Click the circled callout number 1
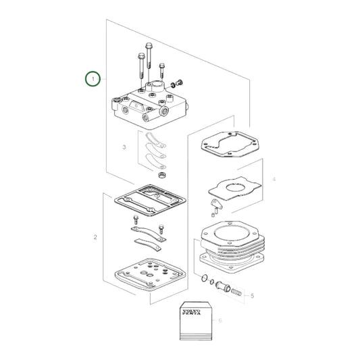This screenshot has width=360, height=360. pyautogui.click(x=94, y=78)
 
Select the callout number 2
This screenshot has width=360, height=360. pyautogui.click(x=95, y=237)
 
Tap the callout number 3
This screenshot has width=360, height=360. pyautogui.click(x=124, y=147)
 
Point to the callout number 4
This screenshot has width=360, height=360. pyautogui.click(x=274, y=180)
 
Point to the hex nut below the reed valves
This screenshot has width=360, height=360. pyautogui.click(x=161, y=175)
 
